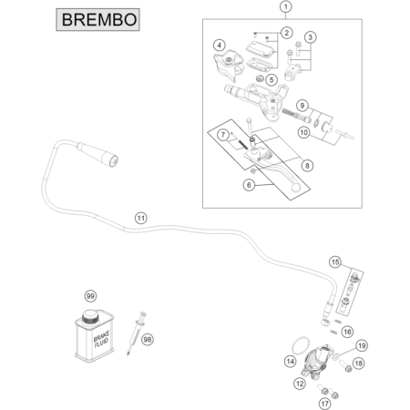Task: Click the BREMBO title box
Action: coord(97,20)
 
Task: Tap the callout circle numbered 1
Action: coord(285,6)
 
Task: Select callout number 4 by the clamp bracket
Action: coord(220,46)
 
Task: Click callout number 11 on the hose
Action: coord(140,218)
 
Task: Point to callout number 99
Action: coord(90,296)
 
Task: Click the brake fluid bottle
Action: coord(95,335)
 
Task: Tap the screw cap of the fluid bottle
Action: coord(90,317)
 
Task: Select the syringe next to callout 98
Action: coord(136,333)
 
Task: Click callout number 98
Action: coord(148,339)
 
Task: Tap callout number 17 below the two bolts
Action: coord(324,404)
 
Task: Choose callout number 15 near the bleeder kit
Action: coord(335,261)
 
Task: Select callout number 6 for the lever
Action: coord(249,185)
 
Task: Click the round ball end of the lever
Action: coord(295,188)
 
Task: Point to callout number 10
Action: coord(303,132)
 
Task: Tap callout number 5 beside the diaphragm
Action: coord(272,80)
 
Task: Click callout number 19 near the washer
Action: coord(362,345)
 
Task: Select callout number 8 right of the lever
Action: coord(307,166)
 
